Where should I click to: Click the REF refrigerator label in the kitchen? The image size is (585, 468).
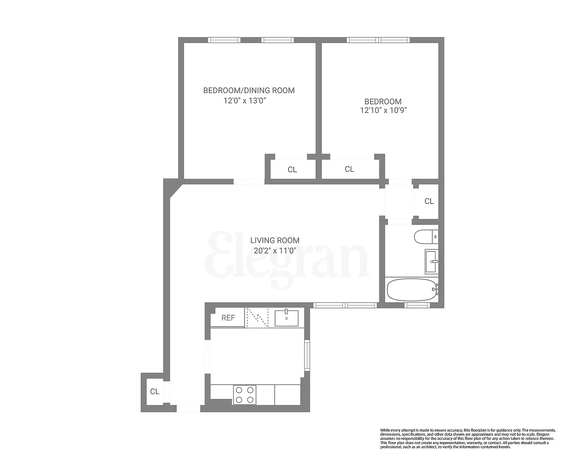(x=228, y=318)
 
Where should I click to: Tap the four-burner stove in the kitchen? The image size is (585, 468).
(x=245, y=394)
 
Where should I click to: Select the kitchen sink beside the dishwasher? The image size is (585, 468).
(x=286, y=318)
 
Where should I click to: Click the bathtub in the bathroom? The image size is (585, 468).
(x=411, y=290)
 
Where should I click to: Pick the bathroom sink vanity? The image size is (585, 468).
(x=431, y=262)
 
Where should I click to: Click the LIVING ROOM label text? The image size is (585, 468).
(x=275, y=240)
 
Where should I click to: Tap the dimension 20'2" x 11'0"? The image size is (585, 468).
(x=275, y=251)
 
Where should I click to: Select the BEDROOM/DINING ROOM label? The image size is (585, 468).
(x=249, y=91)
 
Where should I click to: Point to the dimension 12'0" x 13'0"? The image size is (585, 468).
(x=245, y=101)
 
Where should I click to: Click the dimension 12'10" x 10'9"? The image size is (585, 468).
(x=383, y=110)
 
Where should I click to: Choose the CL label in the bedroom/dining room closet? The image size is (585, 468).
(x=292, y=169)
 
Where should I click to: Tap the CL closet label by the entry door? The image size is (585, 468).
(x=154, y=391)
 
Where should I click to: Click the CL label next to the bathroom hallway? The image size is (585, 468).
(x=429, y=201)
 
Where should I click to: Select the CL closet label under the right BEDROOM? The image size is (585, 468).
(x=349, y=169)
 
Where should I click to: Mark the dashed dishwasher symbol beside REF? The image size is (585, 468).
(x=257, y=318)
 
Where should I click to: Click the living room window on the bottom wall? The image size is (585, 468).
(x=345, y=305)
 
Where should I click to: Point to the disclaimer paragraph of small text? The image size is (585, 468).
(x=467, y=438)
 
